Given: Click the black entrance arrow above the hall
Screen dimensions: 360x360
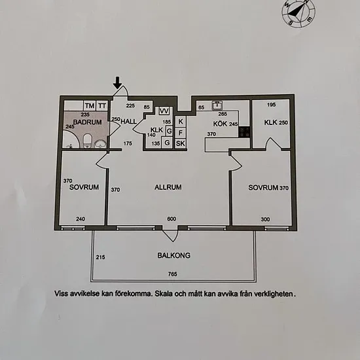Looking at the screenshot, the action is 118,83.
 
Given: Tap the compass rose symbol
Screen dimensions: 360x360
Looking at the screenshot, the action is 298,13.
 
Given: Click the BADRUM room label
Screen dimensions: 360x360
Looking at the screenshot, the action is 88,122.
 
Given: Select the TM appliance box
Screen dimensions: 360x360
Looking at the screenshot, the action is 90,106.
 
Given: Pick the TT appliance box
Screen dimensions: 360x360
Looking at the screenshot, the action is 102,106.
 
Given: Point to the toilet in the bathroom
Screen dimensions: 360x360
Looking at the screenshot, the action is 88,141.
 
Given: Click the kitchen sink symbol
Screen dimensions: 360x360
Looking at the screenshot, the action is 217,105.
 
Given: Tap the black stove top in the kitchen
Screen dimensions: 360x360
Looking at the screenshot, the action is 244,132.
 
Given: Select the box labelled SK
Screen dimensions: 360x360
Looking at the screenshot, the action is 181,143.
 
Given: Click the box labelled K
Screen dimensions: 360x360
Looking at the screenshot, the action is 181,121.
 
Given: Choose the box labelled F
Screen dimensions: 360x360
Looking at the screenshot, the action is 181,132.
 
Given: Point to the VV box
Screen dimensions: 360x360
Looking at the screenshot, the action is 164,111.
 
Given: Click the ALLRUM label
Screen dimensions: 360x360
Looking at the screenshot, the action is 168,187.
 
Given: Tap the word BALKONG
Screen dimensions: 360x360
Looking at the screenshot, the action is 174,255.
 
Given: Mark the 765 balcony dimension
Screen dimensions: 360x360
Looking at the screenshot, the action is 172,274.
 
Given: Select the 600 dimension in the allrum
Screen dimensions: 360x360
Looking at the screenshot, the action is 171,219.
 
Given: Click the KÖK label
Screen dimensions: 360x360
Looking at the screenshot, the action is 220,124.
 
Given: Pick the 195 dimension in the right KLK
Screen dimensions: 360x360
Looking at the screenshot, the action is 272,105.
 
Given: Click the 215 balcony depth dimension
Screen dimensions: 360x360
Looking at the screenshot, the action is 100,257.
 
